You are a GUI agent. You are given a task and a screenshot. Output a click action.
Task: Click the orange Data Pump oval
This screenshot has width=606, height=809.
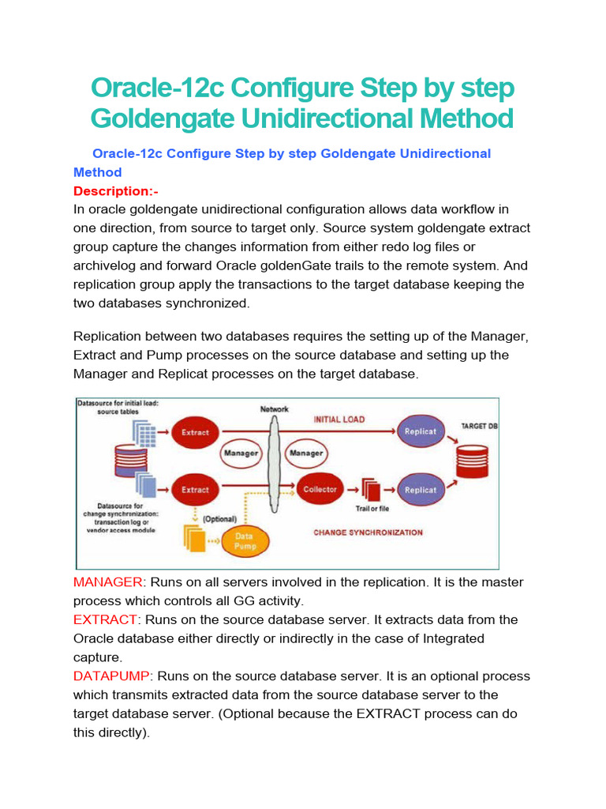click(x=244, y=541)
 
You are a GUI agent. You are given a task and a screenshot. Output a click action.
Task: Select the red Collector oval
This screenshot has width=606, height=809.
click(x=320, y=489)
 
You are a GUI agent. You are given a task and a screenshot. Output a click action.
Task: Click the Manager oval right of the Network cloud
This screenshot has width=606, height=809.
click(x=305, y=453)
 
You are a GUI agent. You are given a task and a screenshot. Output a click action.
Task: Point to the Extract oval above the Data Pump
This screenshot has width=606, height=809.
click(x=195, y=489)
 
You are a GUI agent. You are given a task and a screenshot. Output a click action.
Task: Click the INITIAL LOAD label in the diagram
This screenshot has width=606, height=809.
click(x=339, y=420)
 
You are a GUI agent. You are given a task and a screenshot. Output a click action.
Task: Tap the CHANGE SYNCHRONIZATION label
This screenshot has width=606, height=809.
click(x=368, y=532)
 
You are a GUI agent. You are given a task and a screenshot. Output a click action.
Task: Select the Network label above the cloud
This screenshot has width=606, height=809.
click(x=275, y=409)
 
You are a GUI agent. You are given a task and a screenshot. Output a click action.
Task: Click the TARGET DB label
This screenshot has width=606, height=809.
click(x=479, y=427)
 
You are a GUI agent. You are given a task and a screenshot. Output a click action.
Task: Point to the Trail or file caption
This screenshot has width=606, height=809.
click(x=372, y=509)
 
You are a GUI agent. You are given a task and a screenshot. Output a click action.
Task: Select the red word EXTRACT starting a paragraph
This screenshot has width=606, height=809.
click(x=106, y=619)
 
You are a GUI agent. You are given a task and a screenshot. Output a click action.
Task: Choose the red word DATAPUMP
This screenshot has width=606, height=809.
click(x=111, y=676)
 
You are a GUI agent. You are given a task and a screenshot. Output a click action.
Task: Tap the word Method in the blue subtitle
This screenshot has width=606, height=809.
click(x=97, y=172)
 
